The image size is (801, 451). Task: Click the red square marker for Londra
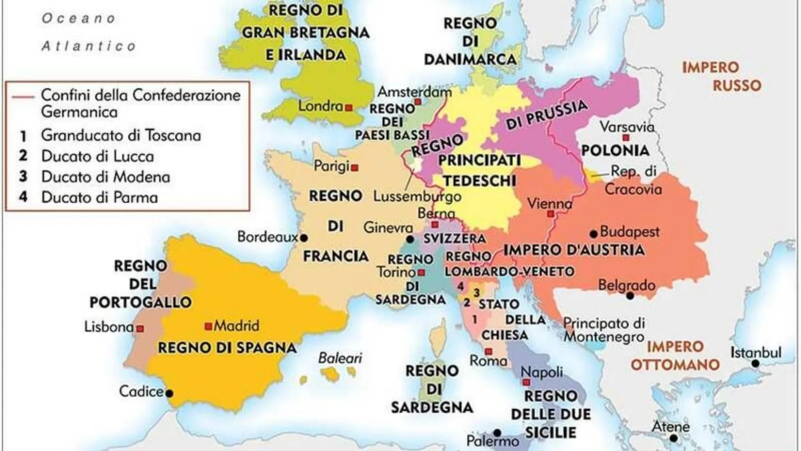pyautogui.click(x=349, y=108)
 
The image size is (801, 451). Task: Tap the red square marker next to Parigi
pyautogui.click(x=355, y=168)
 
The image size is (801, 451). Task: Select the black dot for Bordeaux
pyautogui.click(x=304, y=238)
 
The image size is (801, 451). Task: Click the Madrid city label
pyautogui.click(x=236, y=325)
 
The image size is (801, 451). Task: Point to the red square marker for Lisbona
pyautogui.click(x=141, y=329)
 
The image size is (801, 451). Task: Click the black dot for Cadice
pyautogui.click(x=169, y=393)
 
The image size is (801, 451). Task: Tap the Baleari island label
pyautogui.click(x=340, y=358)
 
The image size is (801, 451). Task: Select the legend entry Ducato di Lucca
pyautogui.click(x=97, y=156)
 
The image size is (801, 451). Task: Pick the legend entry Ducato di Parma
pyautogui.click(x=99, y=197)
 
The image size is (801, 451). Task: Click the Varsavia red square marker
pyautogui.click(x=625, y=138)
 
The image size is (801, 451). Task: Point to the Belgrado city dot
pyautogui.click(x=630, y=296)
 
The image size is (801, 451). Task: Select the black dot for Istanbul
pyautogui.click(x=755, y=364)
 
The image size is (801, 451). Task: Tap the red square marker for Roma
pyautogui.click(x=489, y=352)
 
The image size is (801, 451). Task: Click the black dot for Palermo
pyautogui.click(x=497, y=433)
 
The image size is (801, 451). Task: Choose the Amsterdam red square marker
pyautogui.click(x=418, y=102)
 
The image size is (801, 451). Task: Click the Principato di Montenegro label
pyautogui.click(x=604, y=329)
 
